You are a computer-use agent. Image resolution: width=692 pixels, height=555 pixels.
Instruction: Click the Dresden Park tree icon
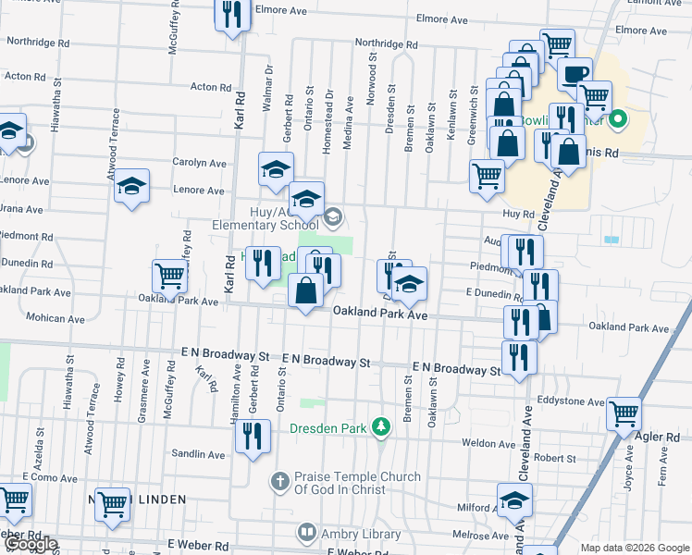pos(379,427)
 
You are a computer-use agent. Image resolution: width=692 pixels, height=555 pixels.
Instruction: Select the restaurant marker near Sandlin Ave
pos(253,434)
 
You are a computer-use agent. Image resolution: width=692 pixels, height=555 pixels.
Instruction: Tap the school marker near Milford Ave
pos(514,500)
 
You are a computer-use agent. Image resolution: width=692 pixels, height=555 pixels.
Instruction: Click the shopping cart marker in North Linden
pos(113,504)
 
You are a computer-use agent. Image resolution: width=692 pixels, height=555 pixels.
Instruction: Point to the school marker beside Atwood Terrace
pos(131,185)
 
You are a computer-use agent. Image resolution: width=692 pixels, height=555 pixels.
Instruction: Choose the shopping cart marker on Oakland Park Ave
pos(169,275)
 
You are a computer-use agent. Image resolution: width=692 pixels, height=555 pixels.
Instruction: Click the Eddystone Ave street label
pos(575,401)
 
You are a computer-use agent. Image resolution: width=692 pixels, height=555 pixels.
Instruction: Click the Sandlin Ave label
pos(199,454)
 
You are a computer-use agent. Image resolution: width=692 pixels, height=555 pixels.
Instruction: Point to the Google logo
pos(31,545)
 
